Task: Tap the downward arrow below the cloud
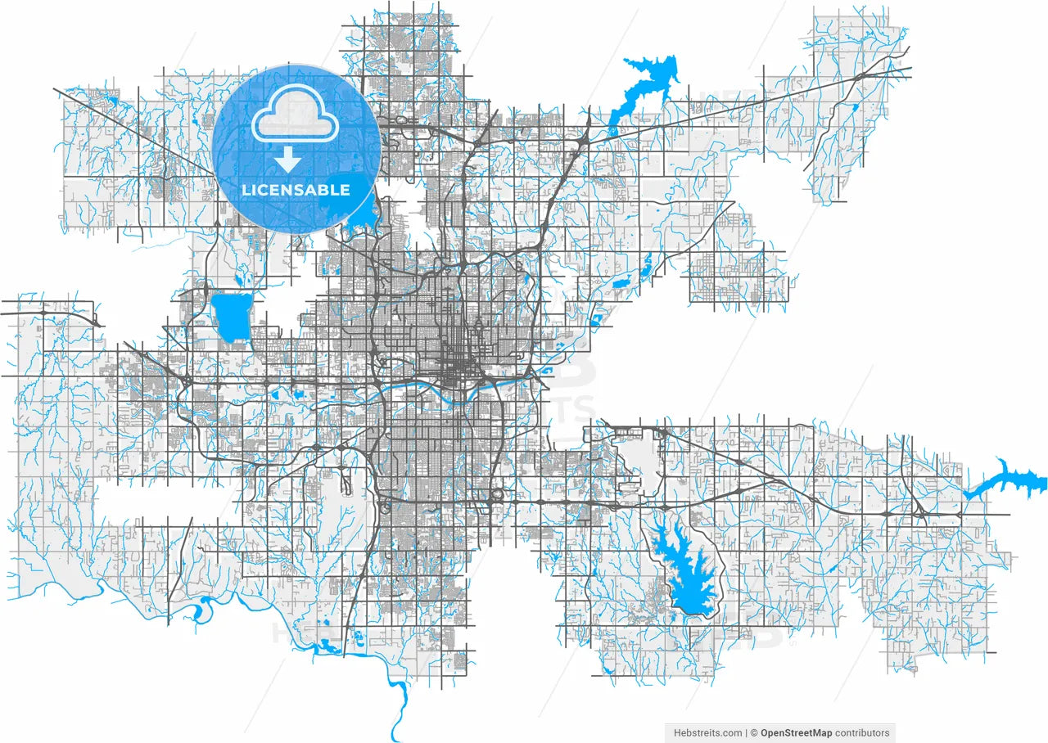287,160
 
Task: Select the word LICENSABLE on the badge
296,190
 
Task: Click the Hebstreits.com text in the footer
707,732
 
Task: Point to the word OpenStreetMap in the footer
796,732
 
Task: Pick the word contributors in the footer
861,732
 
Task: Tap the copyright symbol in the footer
754,732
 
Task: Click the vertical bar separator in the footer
746,732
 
